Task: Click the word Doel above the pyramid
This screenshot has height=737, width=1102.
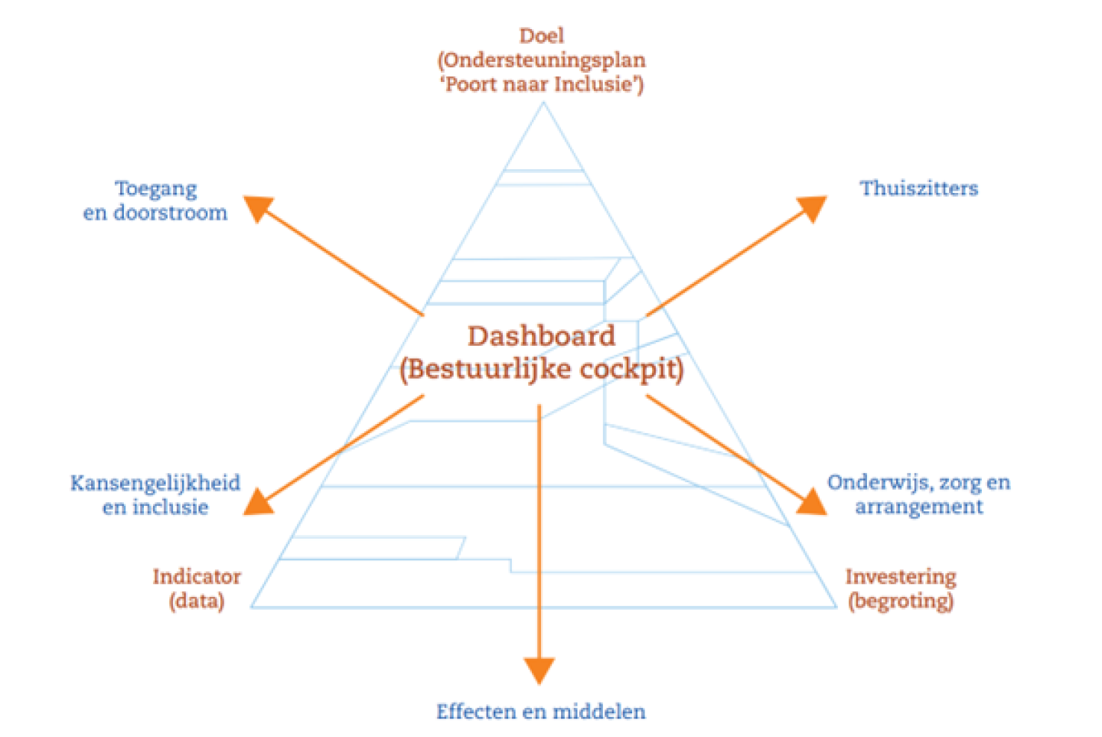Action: (541, 36)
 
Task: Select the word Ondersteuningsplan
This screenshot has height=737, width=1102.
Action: (544, 60)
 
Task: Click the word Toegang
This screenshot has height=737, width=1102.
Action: (155, 189)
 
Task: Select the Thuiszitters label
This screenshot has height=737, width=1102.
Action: (918, 188)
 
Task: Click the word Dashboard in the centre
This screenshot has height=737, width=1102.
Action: (541, 336)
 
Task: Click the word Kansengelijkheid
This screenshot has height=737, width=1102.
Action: (155, 483)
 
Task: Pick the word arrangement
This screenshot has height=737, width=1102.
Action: (918, 507)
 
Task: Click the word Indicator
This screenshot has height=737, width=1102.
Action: (197, 576)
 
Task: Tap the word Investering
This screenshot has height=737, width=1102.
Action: (901, 576)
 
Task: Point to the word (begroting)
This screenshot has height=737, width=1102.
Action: (901, 601)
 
